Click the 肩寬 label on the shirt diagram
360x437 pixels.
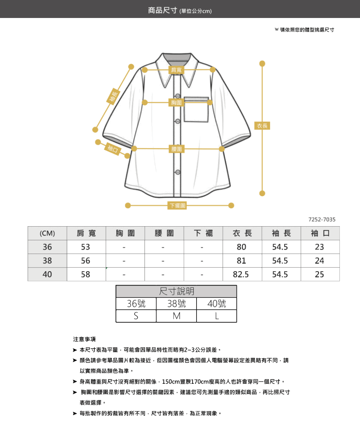[176, 70]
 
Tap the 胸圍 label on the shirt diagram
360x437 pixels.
[176, 103]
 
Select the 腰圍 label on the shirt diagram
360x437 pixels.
[177, 149]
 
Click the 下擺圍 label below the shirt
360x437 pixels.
[177, 205]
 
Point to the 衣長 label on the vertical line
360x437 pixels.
[262, 126]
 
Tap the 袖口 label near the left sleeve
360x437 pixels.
[113, 149]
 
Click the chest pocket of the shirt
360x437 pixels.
[196, 109]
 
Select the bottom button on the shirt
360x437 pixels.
[178, 172]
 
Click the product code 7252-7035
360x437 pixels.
[322, 219]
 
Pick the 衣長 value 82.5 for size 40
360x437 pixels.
[241, 274]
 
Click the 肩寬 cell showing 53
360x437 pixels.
[85, 247]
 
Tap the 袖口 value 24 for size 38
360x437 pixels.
[319, 261]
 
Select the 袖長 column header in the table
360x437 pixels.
[282, 233]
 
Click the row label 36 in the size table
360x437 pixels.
[47, 247]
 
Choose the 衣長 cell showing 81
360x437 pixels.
[242, 261]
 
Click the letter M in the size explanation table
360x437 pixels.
[177, 316]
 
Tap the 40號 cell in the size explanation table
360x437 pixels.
[217, 304]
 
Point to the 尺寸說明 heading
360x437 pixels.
[176, 291]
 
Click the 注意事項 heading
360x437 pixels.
[84, 339]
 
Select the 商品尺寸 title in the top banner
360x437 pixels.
[162, 10]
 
